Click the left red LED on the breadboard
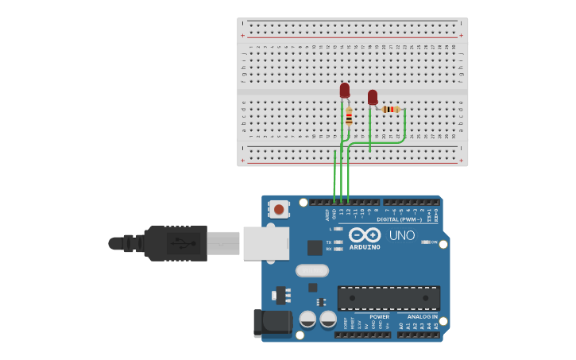click(344, 91)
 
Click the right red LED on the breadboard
click(373, 97)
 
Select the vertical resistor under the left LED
click(349, 117)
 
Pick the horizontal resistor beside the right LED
click(390, 109)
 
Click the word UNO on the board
click(401, 235)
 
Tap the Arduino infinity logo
click(365, 235)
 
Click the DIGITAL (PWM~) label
click(399, 219)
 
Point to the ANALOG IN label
click(417, 316)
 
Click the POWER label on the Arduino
click(379, 316)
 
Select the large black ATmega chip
click(389, 298)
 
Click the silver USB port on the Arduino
click(265, 243)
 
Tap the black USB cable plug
click(176, 243)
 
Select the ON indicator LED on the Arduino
click(425, 242)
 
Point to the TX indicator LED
click(338, 242)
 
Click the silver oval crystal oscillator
click(311, 270)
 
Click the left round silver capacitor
click(307, 319)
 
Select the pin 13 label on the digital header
click(341, 212)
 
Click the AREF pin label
click(327, 214)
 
